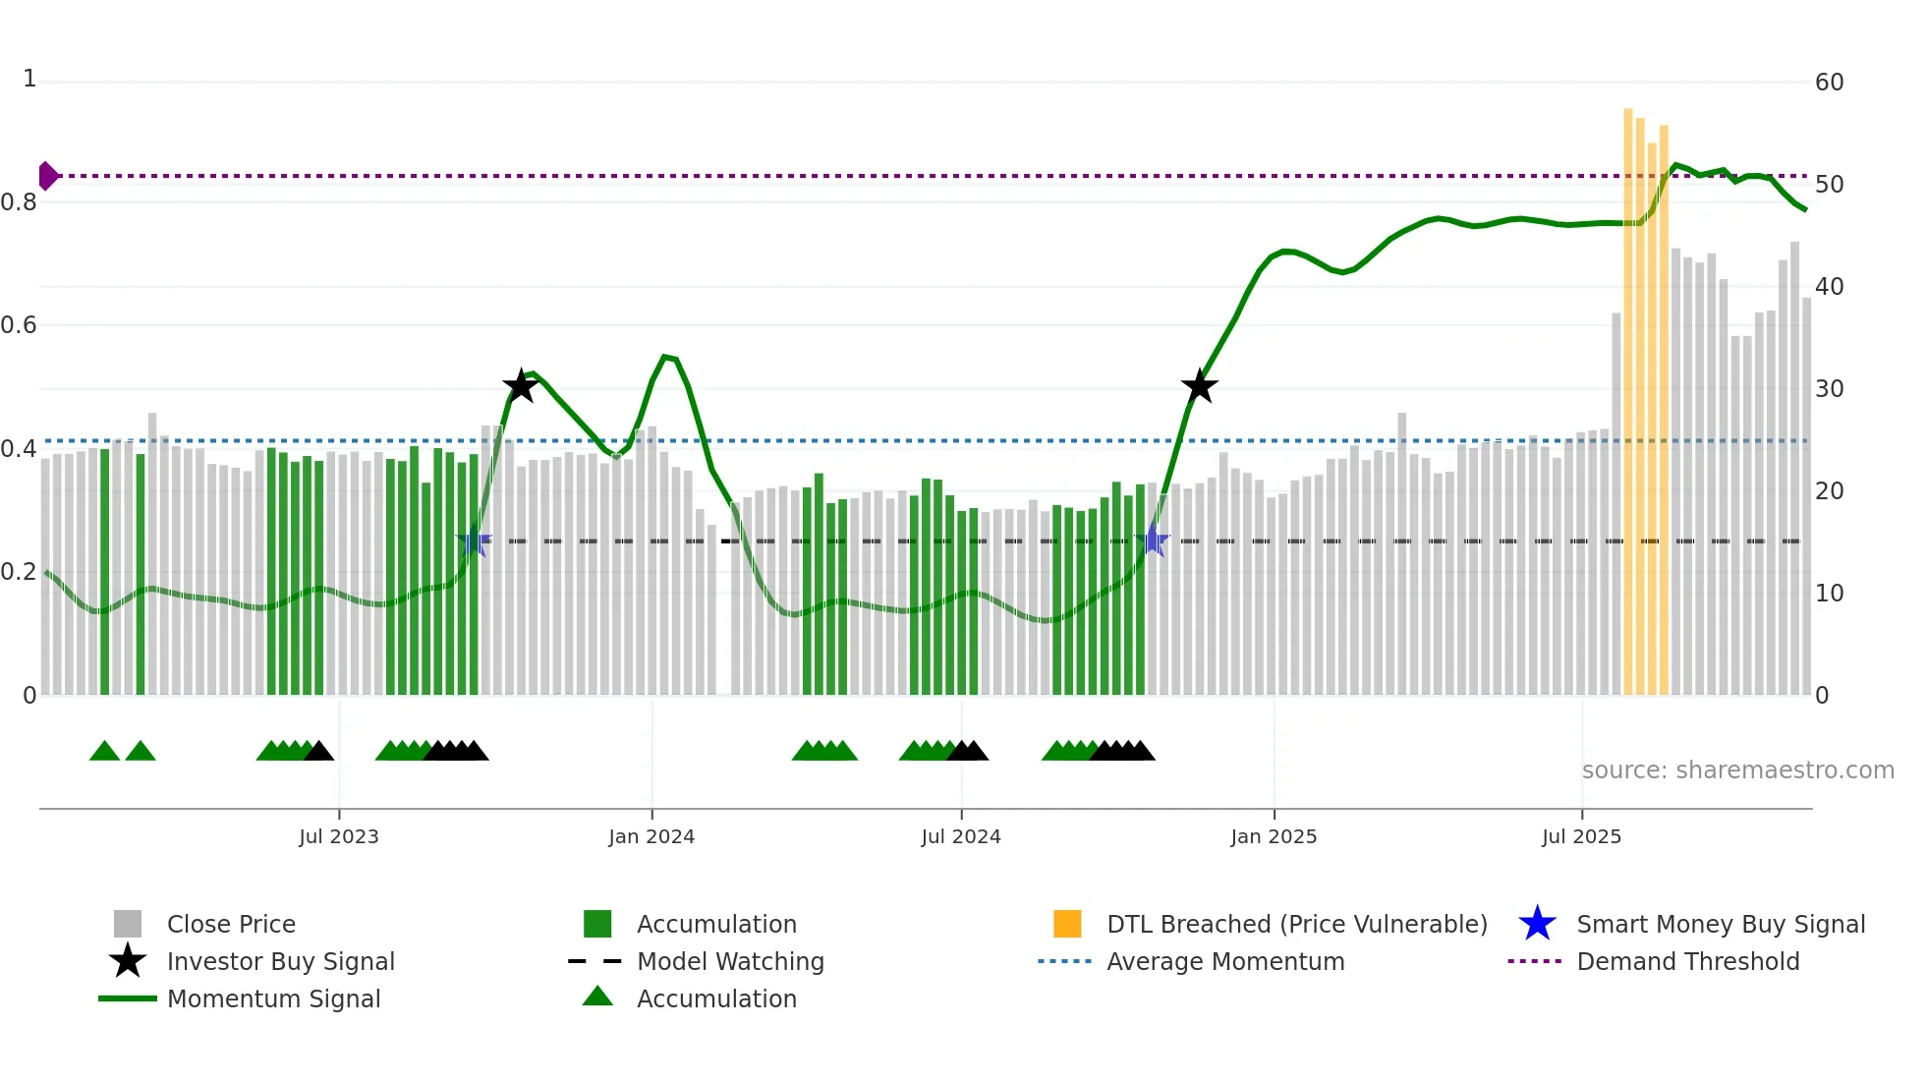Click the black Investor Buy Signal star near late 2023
pos(520,386)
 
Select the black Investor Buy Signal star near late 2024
pos(1199,386)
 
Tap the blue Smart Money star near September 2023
pos(473,541)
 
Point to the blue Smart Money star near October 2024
pos(1153,541)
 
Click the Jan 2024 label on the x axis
pos(651,836)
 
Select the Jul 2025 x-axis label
pos(1581,836)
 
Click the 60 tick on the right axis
pos(1829,83)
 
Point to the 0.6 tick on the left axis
pos(19,325)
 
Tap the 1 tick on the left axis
pos(29,79)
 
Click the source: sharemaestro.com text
pos(1737,770)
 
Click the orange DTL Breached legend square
pos(1067,924)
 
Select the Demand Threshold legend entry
pos(1687,961)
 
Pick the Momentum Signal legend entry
pos(273,998)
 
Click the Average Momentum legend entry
pos(1224,961)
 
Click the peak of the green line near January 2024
pos(666,357)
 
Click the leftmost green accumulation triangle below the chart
pos(104,752)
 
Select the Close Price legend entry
pos(231,924)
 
